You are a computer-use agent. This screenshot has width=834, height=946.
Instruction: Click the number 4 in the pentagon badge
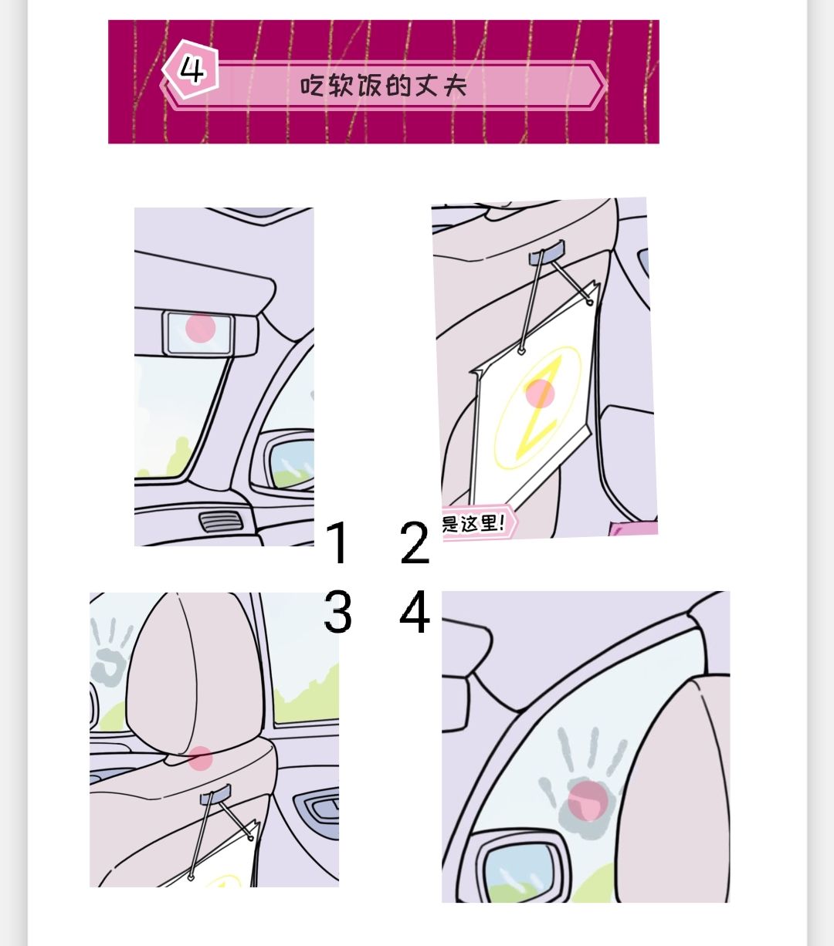[192, 70]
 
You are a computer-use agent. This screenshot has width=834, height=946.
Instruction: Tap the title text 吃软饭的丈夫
[383, 86]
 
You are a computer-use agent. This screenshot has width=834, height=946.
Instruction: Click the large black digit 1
[337, 542]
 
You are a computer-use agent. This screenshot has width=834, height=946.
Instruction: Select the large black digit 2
[415, 542]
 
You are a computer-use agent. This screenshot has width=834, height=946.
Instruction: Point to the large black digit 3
[337, 612]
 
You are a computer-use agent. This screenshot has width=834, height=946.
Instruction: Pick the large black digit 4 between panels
[415, 612]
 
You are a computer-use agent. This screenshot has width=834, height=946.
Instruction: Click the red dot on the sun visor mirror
[201, 328]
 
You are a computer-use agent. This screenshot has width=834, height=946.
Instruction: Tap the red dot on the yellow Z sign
[540, 394]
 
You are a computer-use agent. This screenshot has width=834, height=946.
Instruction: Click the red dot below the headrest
[201, 758]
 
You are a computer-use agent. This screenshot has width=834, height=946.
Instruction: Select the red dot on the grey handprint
[588, 801]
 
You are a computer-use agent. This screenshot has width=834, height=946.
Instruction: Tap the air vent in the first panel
[221, 521]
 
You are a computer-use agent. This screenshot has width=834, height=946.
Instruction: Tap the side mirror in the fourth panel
[519, 868]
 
